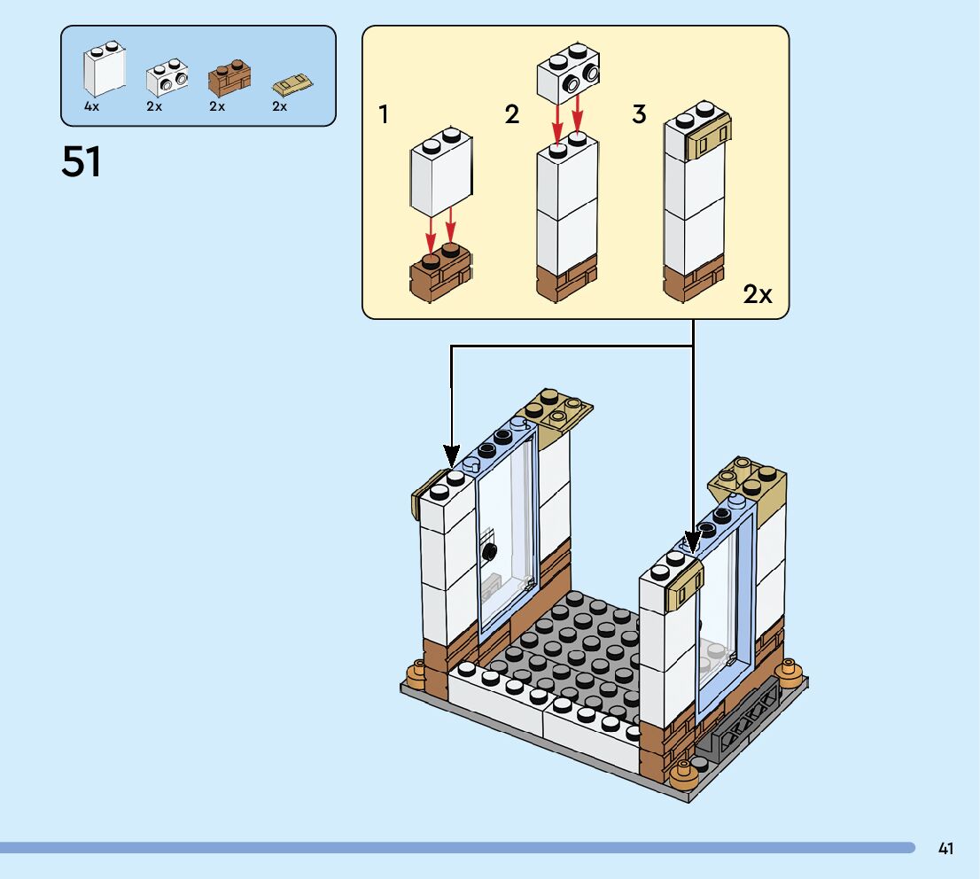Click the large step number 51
pos(82,162)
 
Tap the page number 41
pos(945,849)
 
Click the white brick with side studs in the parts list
pos(167,78)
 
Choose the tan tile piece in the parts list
pos(293,87)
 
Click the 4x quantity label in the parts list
pos(92,106)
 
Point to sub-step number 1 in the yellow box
pos(384,115)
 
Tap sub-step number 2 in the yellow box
pos(511,115)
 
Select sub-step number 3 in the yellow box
pos(639,115)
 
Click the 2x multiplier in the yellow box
pos(758,294)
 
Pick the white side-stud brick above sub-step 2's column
pos(567,76)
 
